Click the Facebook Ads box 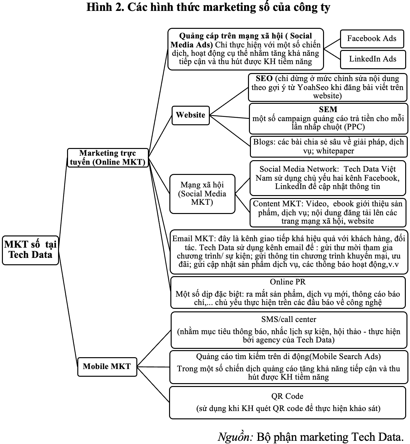click(372, 39)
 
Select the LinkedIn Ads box click(373, 59)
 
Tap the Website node click(191, 115)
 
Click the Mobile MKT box click(107, 367)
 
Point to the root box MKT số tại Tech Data click(30, 250)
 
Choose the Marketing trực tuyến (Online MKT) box click(108, 158)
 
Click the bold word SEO click(264, 78)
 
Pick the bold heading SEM click(328, 109)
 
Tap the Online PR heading click(288, 282)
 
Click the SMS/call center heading click(289, 319)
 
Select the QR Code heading click(287, 396)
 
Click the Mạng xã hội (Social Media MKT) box click(202, 194)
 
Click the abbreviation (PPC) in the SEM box click(354, 127)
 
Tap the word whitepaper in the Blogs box click(335, 151)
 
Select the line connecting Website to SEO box click(229, 101)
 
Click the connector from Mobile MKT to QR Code click(153, 384)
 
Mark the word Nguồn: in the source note click(235, 436)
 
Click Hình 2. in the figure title click(105, 7)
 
